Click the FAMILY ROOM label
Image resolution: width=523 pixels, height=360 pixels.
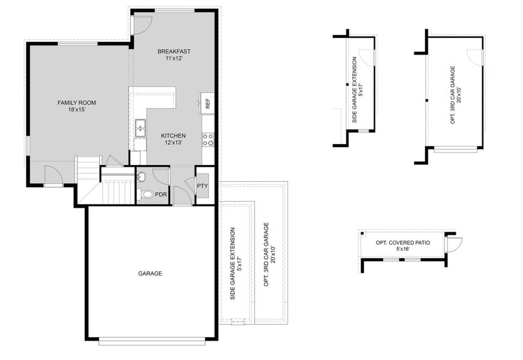tap(76, 103)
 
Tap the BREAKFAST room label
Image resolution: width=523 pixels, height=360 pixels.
tap(174, 52)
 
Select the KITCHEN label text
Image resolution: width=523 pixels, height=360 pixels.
tap(173, 136)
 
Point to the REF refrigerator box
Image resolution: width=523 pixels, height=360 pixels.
tap(207, 103)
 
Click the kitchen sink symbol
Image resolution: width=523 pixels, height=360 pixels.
tap(141, 126)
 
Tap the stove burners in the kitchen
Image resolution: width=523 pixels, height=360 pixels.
tap(208, 140)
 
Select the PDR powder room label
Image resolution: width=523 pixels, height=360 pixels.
tap(161, 194)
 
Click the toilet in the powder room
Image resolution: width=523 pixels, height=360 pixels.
tap(144, 194)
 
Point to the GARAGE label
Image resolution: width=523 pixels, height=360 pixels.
tap(150, 274)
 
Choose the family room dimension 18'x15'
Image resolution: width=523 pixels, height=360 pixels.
tap(76, 110)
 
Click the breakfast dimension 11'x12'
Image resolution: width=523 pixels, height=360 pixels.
tap(174, 59)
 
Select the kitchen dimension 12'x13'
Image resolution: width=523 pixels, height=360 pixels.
tap(173, 143)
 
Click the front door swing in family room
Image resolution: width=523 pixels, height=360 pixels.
tap(53, 176)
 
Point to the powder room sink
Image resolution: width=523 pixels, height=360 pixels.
tap(141, 176)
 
